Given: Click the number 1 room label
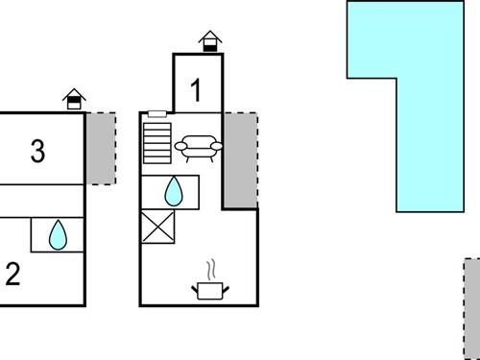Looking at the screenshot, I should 197,91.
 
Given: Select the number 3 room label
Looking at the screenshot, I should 37,151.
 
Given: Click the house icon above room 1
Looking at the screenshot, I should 210,40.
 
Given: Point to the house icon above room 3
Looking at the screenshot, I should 73,99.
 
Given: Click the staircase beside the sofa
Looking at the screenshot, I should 156,143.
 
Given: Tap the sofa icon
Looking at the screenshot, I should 198,147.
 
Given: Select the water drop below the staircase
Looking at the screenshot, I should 173,192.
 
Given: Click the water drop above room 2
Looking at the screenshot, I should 58,234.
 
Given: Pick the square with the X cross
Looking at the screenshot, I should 157,228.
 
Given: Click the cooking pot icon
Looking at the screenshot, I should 210,289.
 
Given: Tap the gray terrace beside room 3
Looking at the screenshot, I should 101,148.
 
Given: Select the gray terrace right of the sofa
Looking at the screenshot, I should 240,158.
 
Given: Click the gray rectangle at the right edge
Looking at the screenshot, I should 471,307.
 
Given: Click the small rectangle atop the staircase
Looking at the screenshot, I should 157,114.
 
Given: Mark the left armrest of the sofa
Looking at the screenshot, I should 179,147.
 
